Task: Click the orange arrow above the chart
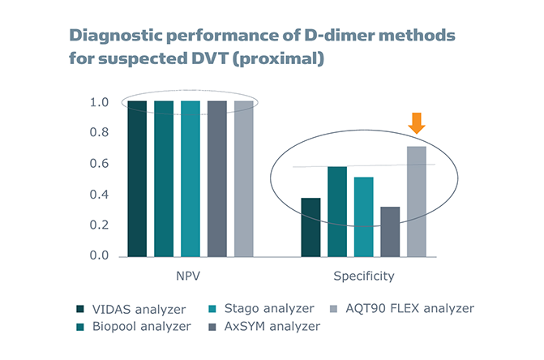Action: pyautogui.click(x=416, y=123)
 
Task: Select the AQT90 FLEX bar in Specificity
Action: pyautogui.click(x=416, y=201)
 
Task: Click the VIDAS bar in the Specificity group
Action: pyautogui.click(x=311, y=227)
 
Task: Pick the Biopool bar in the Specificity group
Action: pyautogui.click(x=337, y=211)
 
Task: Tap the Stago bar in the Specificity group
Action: pyautogui.click(x=363, y=216)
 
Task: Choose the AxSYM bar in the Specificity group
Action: pyautogui.click(x=390, y=231)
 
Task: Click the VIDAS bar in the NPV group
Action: pyautogui.click(x=137, y=178)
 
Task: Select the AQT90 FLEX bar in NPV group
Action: pyautogui.click(x=242, y=178)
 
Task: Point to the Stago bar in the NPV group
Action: pyautogui.click(x=190, y=178)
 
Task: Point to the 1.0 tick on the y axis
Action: pyautogui.click(x=98, y=103)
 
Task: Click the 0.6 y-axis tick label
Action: pyautogui.click(x=98, y=164)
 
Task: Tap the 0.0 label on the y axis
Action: pyautogui.click(x=98, y=255)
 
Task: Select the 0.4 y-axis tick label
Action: pyautogui.click(x=98, y=195)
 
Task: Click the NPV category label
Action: pyautogui.click(x=189, y=276)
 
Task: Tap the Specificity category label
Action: pyautogui.click(x=364, y=276)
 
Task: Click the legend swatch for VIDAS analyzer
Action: pyautogui.click(x=79, y=309)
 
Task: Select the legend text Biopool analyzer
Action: pyautogui.click(x=142, y=326)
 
